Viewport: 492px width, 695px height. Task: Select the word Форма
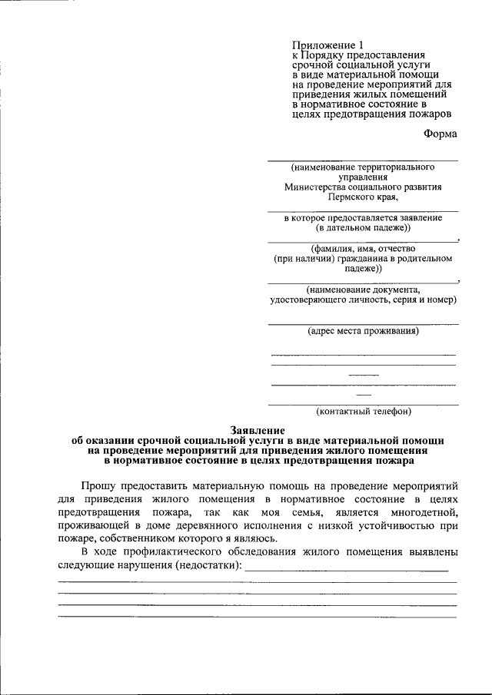[x=440, y=133]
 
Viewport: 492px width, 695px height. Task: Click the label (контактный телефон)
[x=363, y=411]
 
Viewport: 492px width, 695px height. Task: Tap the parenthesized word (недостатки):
[x=208, y=566]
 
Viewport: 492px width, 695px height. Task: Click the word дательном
[x=354, y=228]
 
